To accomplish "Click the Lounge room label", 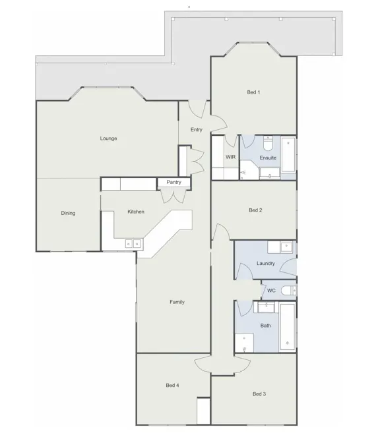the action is point(108,138).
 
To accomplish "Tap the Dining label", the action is point(68,213).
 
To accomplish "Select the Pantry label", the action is point(173,182).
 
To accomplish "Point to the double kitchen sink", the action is point(133,244).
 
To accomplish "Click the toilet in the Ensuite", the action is point(268,143).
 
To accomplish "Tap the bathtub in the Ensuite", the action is point(288,154).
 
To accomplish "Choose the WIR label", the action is point(231,157).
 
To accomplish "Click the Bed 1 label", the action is point(253,92).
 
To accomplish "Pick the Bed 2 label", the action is point(255,210).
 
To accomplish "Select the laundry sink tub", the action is point(286,247).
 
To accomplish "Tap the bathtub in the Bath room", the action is point(288,327).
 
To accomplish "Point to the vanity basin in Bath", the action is point(267,307).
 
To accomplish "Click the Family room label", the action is point(177,302).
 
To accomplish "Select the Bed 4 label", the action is point(172,386).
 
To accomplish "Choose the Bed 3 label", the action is point(259,394).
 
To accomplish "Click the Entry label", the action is point(197,130).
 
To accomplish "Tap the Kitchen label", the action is point(136,212).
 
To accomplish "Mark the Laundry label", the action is point(266,263).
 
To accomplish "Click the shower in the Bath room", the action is point(244,343).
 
